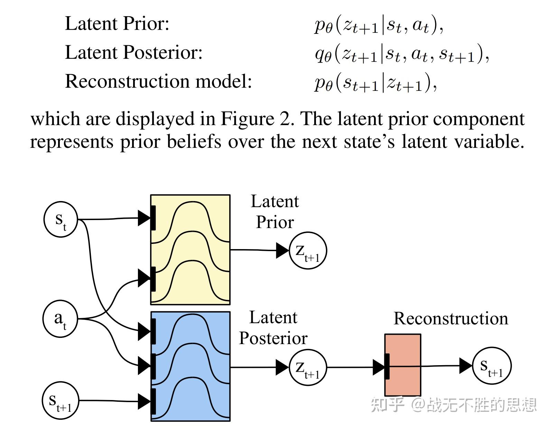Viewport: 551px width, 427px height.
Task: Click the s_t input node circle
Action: pyautogui.click(x=61, y=220)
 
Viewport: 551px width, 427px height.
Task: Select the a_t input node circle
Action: pyautogui.click(x=60, y=319)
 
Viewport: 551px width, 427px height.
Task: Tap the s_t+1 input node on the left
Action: pyautogui.click(x=60, y=401)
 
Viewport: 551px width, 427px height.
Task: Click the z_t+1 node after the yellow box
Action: pyautogui.click(x=308, y=250)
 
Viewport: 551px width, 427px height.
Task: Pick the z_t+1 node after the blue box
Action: pyautogui.click(x=308, y=368)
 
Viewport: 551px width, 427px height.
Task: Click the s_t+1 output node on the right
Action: pyautogui.click(x=492, y=366)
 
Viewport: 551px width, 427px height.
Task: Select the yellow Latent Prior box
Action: pyautogui.click(x=190, y=250)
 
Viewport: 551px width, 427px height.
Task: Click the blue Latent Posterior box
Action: pyautogui.click(x=190, y=366)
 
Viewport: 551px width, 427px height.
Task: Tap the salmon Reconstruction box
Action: pyautogui.click(x=403, y=365)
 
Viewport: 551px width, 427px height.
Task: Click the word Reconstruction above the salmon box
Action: pyautogui.click(x=451, y=318)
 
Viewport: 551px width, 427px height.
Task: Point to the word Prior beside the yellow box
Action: pyautogui.click(x=275, y=222)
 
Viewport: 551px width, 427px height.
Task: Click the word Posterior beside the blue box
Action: pyautogui.click(x=273, y=338)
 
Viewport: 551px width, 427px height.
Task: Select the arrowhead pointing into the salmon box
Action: pyautogui.click(x=379, y=367)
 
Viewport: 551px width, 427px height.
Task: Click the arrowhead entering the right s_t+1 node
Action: pyautogui.click(x=466, y=366)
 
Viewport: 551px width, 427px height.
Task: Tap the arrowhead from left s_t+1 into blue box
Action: pyautogui.click(x=144, y=401)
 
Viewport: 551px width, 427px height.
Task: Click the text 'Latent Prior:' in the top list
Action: pyautogui.click(x=117, y=24)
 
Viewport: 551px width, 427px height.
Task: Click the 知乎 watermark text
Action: pyautogui.click(x=387, y=405)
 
